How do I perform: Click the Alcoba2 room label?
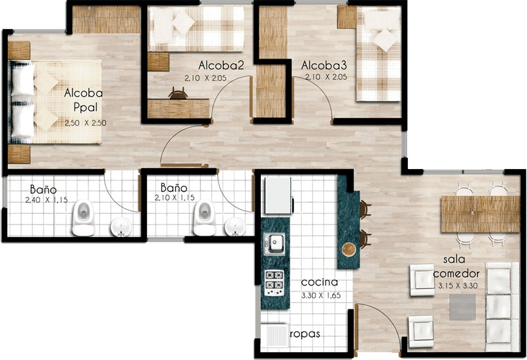221,64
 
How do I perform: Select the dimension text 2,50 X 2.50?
86,123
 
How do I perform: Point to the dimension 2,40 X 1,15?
46,200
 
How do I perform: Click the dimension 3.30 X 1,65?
321,296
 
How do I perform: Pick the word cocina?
319,282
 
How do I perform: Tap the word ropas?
305,334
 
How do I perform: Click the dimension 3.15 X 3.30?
458,286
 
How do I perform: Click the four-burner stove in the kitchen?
275,283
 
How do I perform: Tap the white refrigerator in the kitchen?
278,195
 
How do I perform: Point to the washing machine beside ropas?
275,336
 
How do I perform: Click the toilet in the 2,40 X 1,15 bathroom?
84,218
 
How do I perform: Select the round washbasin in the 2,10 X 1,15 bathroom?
235,227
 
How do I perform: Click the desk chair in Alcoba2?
178,93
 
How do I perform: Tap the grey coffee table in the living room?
463,307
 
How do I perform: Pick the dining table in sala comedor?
480,215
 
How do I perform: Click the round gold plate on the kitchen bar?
349,250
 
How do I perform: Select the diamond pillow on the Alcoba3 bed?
386,40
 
